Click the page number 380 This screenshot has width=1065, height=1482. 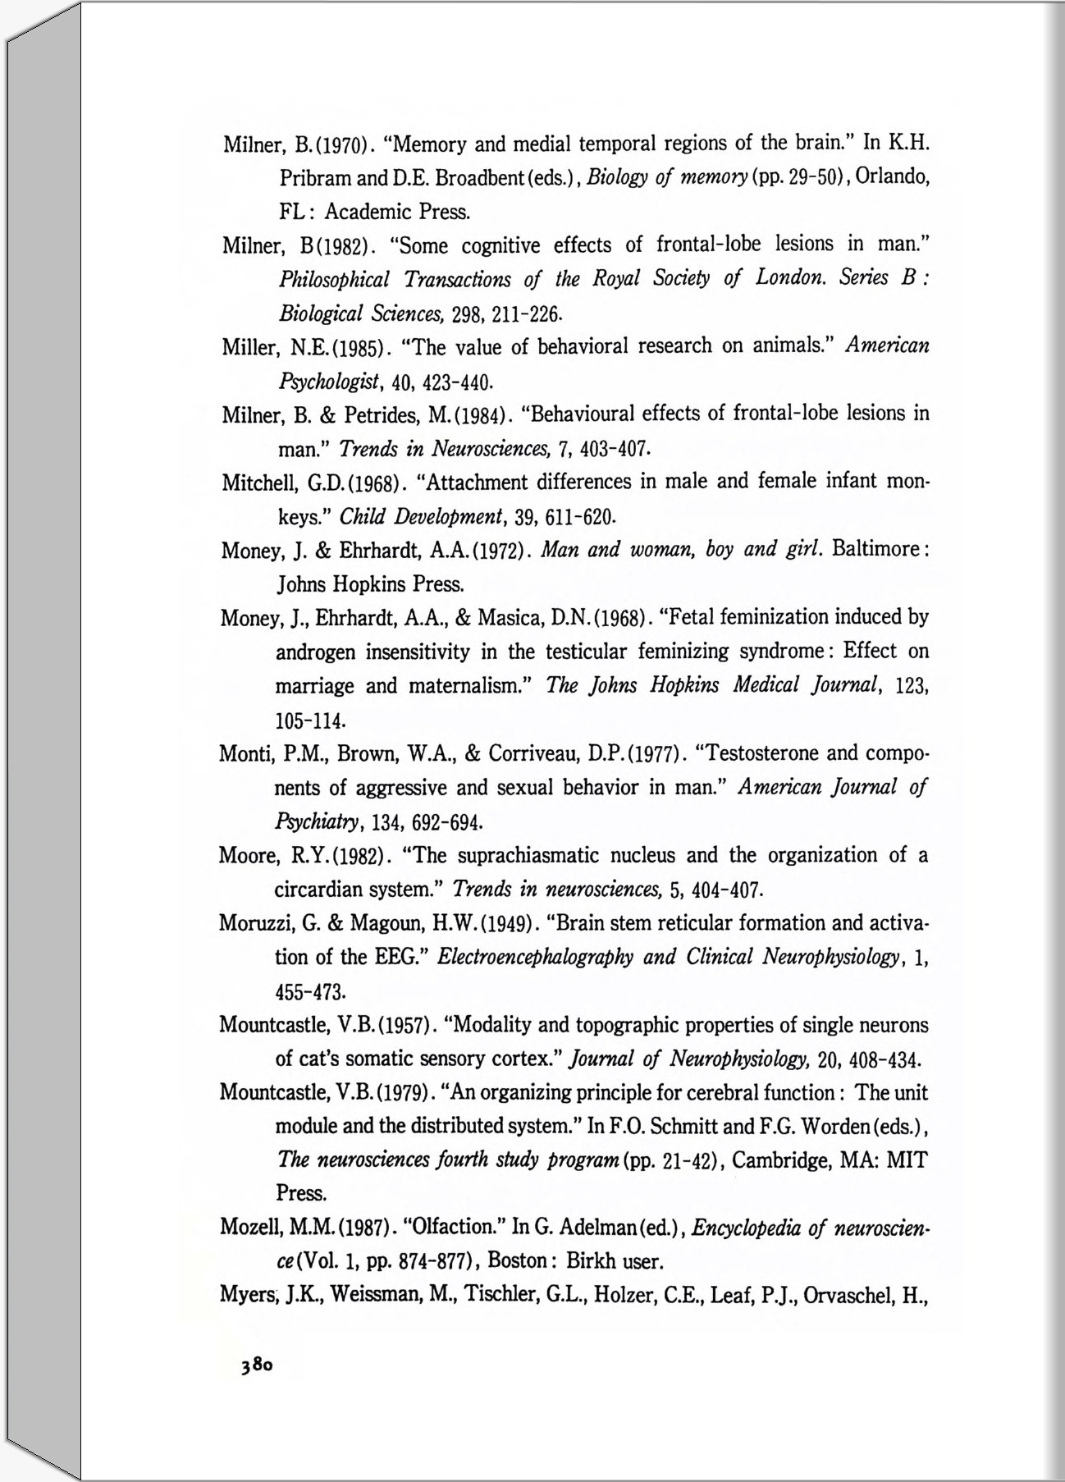pos(256,1365)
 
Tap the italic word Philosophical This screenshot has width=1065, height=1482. pos(334,280)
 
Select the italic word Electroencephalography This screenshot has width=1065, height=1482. pos(536,958)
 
